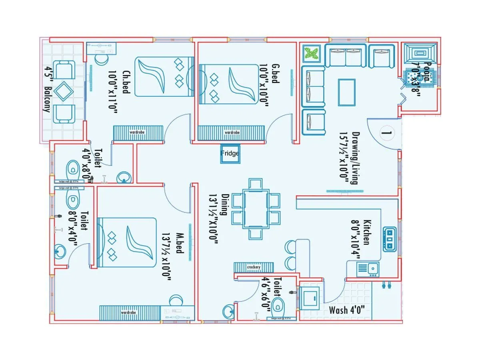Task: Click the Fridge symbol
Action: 230,154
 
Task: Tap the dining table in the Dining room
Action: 256,209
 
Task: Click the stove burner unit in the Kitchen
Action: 389,239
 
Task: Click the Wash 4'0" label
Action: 346,310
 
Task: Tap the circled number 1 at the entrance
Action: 386,131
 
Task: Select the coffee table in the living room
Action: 346,92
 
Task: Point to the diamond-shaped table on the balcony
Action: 64,92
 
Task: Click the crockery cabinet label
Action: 254,267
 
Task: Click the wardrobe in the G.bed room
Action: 231,132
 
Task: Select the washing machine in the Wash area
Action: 310,297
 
